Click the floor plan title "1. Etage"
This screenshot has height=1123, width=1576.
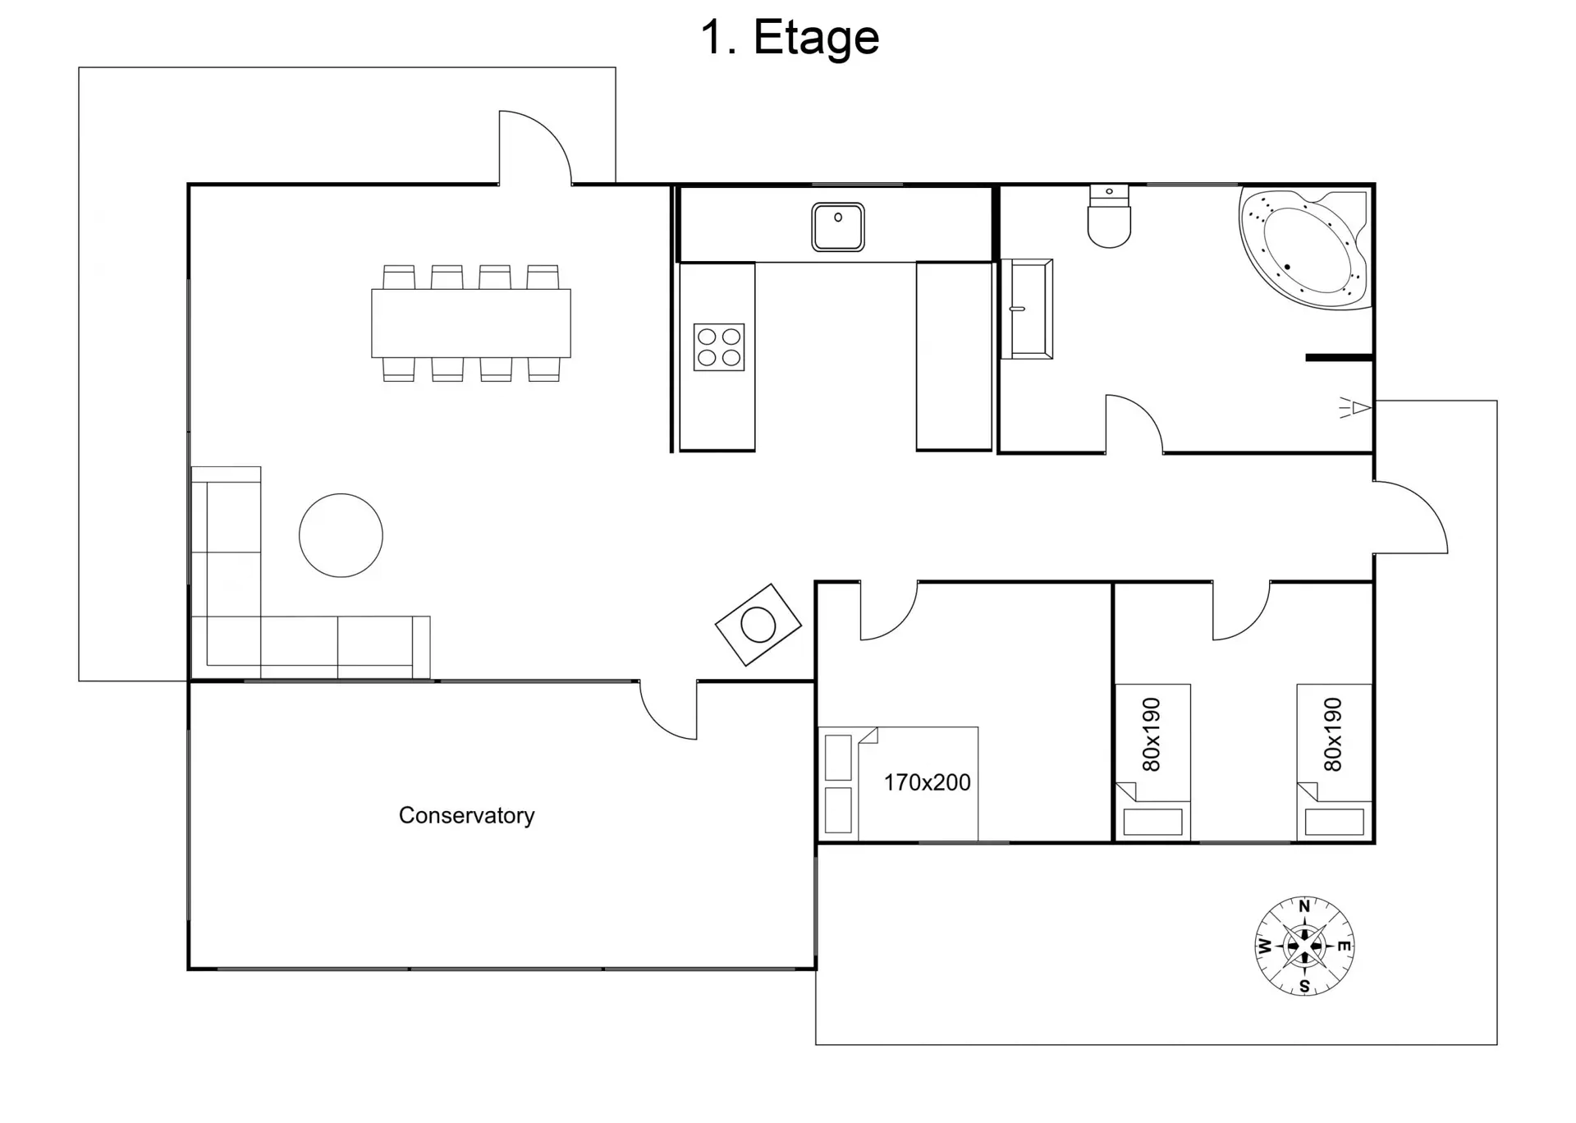tap(790, 37)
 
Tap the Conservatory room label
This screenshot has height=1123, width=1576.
tap(466, 815)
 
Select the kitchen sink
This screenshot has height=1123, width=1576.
tap(838, 227)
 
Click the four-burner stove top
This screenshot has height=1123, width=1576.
tap(719, 346)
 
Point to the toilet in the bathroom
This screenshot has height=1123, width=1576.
tap(1109, 216)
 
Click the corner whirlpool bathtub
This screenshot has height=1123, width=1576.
tap(1305, 247)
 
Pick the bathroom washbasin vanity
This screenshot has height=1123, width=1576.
tap(1027, 309)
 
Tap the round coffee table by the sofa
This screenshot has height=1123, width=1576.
tap(341, 535)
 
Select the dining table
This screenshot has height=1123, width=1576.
tap(471, 323)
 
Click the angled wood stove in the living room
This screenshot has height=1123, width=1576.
tap(758, 625)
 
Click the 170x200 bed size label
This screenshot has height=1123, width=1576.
tap(927, 782)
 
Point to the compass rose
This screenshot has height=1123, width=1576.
tap(1304, 946)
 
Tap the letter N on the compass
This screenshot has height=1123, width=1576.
tap(1304, 906)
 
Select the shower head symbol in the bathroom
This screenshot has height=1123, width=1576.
tap(1356, 407)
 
